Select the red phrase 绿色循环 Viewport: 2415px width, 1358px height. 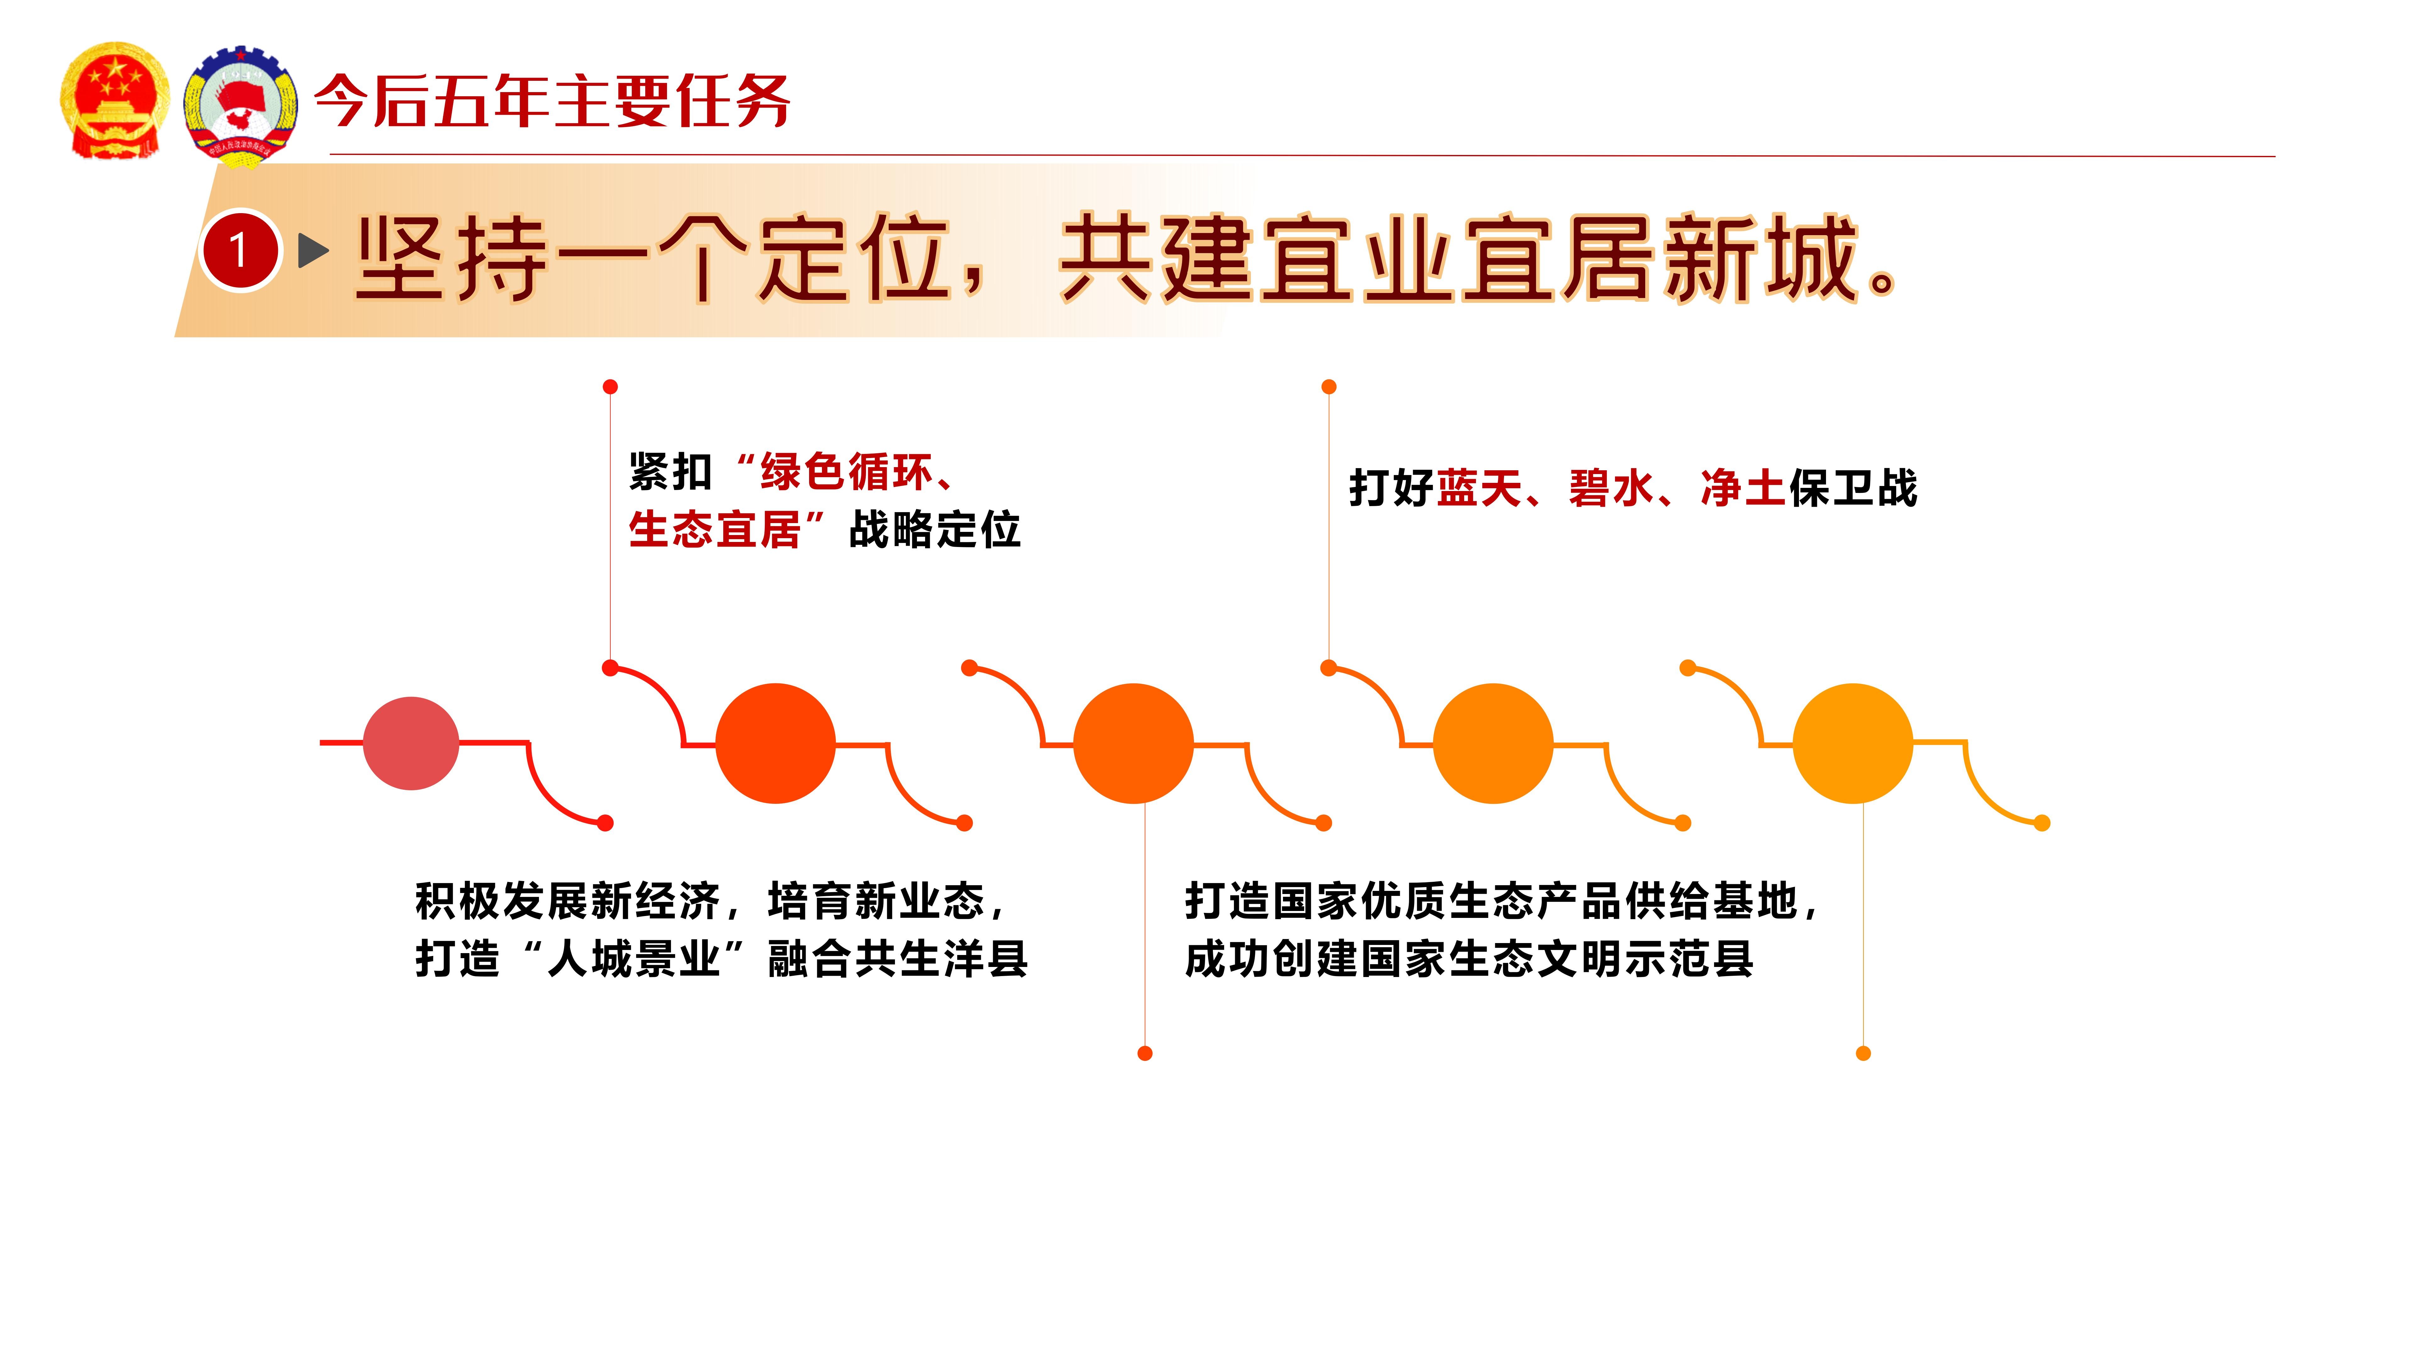tap(847, 472)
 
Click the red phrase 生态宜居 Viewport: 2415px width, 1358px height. tap(714, 529)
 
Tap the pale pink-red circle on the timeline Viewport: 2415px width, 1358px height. tap(411, 743)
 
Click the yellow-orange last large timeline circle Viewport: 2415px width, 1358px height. tap(1852, 743)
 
